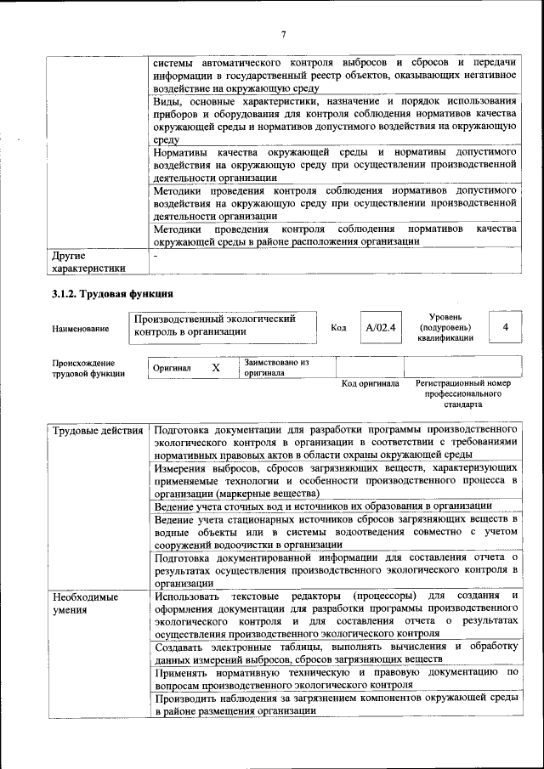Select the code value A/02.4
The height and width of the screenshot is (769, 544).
pos(381,327)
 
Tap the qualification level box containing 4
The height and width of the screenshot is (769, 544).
pos(506,327)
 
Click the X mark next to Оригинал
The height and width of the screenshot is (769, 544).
pos(215,367)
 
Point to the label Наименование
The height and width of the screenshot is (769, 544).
pos(81,328)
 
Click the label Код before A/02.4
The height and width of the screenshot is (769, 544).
pos(338,328)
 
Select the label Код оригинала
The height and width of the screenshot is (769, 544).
pos(370,383)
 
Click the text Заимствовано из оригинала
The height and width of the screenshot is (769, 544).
pos(276,367)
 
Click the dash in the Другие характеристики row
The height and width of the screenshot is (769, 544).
pos(156,254)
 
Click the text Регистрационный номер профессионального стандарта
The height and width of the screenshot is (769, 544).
pos(463,394)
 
